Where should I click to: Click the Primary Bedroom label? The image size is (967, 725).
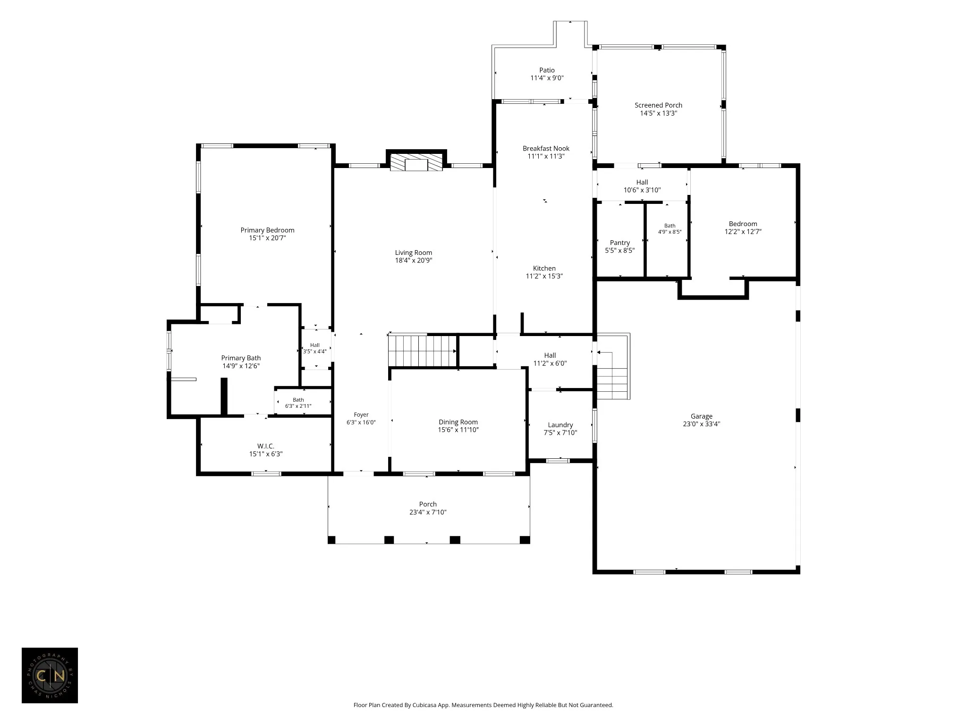[267, 230]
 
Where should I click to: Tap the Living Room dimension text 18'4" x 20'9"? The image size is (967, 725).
[414, 261]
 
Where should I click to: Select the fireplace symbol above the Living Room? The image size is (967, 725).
[416, 162]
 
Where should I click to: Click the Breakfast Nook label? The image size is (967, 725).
[546, 148]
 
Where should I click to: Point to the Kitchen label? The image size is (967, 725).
[544, 268]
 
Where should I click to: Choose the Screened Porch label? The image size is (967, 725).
[658, 105]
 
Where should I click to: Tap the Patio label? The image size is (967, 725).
[547, 70]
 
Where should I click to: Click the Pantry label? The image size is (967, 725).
[620, 243]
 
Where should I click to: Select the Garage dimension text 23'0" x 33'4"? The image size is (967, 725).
[702, 424]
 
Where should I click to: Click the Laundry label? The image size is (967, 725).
[560, 425]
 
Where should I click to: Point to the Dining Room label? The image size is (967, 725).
[458, 422]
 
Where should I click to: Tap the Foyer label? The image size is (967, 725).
[361, 415]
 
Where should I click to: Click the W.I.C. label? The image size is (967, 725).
[266, 446]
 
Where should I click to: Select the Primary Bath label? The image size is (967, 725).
[241, 358]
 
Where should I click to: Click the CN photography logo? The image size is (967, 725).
[50, 675]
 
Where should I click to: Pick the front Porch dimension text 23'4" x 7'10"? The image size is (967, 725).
[428, 512]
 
